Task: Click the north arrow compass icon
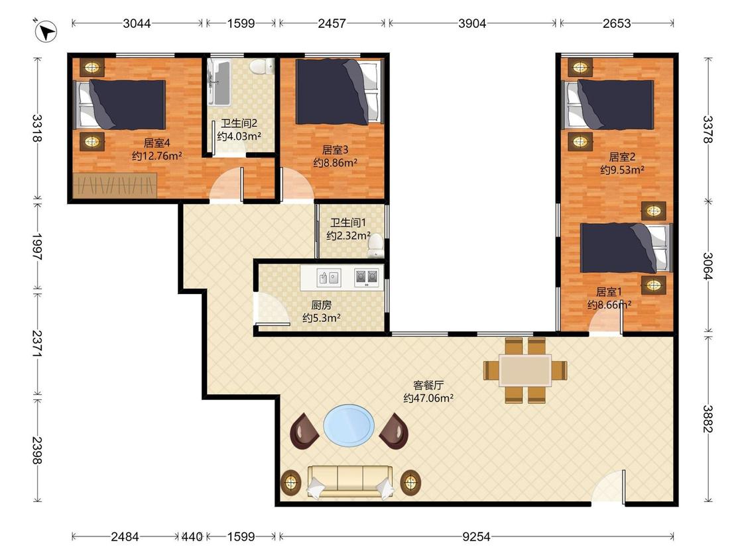[x=46, y=31]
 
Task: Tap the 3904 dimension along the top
[x=472, y=23]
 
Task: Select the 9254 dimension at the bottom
[x=476, y=536]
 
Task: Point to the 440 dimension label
[x=192, y=536]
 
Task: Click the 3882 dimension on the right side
[x=708, y=419]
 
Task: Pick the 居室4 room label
[x=157, y=142]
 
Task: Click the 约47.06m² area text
[x=428, y=398]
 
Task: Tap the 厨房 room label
[x=322, y=305]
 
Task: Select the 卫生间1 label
[x=348, y=223]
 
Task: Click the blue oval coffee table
[x=349, y=426]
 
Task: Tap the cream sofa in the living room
[x=351, y=482]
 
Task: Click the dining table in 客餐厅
[x=525, y=370]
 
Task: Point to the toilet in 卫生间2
[x=261, y=66]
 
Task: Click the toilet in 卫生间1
[x=376, y=245]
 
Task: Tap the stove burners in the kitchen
[x=367, y=278]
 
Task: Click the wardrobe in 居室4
[x=115, y=185]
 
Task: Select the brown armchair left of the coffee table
[x=304, y=431]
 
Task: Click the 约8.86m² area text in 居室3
[x=336, y=163]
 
